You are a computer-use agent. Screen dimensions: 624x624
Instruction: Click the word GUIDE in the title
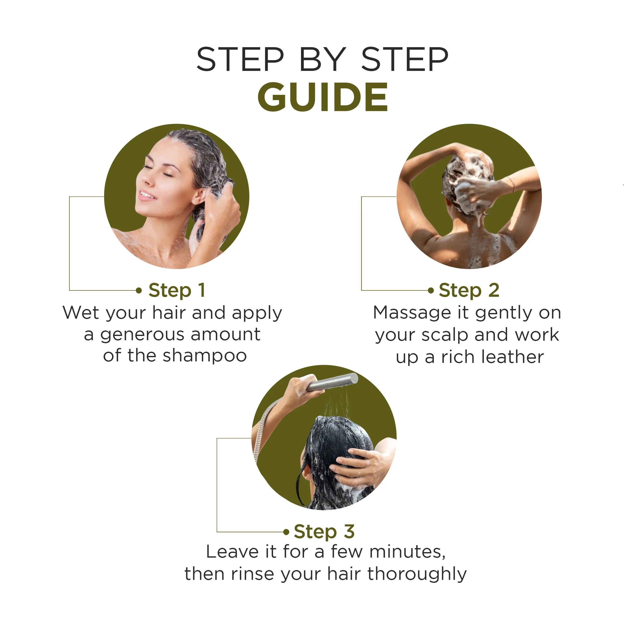pyautogui.click(x=322, y=97)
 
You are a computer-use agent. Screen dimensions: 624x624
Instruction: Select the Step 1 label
pyautogui.click(x=177, y=290)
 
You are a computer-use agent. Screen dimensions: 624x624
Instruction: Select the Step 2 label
pyautogui.click(x=469, y=290)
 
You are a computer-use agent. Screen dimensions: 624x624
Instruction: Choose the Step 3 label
pyautogui.click(x=324, y=532)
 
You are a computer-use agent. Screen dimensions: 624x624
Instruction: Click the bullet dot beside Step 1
pyautogui.click(x=139, y=290)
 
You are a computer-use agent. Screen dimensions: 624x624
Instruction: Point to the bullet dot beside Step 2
pyautogui.click(x=431, y=290)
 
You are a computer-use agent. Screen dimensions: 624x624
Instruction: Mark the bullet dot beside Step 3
pyautogui.click(x=286, y=532)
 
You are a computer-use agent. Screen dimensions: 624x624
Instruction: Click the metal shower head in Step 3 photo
pyautogui.click(x=332, y=382)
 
